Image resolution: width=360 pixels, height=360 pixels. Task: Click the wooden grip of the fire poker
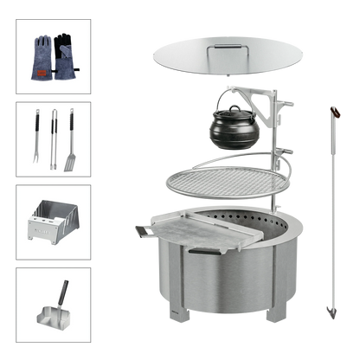(332, 114)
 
